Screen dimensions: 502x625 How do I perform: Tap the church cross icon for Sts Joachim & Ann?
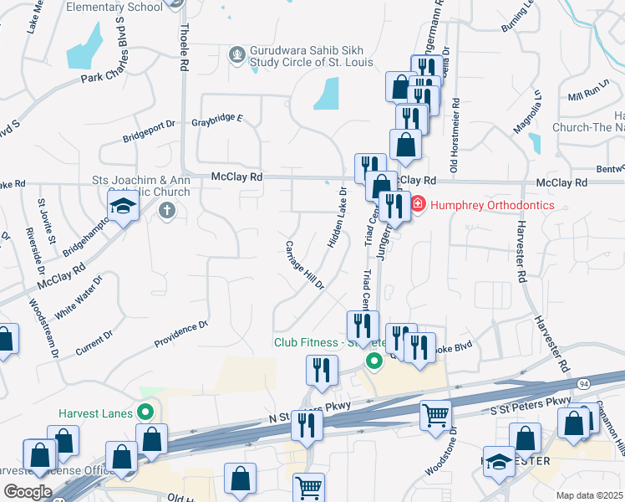[166, 210]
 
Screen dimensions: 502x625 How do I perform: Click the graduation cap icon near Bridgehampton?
[123, 206]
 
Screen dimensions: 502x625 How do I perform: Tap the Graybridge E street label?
[216, 120]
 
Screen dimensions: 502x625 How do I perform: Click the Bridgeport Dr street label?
[149, 130]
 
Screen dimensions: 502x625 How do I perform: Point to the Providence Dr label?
[181, 335]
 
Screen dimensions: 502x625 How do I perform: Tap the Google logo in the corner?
[28, 492]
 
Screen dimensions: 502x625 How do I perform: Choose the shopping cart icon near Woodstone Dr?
[435, 414]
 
